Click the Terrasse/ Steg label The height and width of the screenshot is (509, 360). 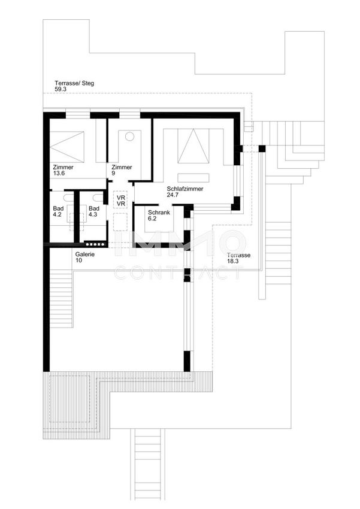click(74, 83)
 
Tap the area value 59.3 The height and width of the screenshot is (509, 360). click(60, 89)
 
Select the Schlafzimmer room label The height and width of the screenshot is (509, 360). click(185, 189)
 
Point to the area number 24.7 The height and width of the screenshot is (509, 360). click(173, 195)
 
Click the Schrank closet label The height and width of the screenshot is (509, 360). click(159, 213)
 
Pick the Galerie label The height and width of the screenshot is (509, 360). click(85, 254)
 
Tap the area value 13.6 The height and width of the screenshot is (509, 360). click(59, 173)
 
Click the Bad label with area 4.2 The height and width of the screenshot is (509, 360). click(58, 208)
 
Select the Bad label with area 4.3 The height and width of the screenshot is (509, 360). click(94, 208)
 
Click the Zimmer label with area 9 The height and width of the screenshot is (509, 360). click(122, 167)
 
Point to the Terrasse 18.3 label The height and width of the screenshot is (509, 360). click(238, 258)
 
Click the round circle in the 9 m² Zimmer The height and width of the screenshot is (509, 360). click(130, 137)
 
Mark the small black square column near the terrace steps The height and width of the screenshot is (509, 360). click(262, 149)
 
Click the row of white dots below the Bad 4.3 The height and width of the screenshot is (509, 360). click(95, 244)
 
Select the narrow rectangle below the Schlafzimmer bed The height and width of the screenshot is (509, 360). click(193, 178)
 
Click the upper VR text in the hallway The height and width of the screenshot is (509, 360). click(121, 198)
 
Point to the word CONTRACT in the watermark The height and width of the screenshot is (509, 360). click(179, 273)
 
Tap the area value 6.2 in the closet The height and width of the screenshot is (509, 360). click(152, 219)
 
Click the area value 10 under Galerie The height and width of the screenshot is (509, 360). click(78, 260)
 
